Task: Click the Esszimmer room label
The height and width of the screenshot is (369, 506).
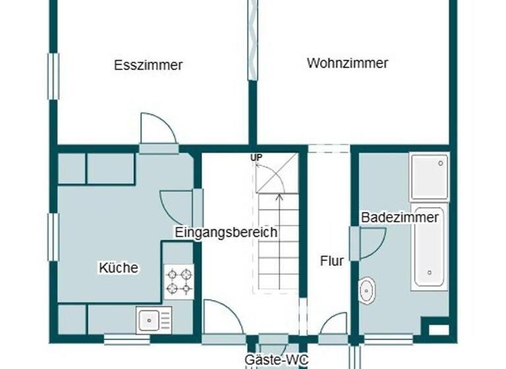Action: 148,65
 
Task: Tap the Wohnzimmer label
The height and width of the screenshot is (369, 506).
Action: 347,63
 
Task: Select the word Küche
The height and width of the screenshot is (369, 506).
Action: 119,268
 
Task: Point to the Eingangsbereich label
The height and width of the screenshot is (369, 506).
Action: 226,232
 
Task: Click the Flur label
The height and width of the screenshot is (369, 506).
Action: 332,261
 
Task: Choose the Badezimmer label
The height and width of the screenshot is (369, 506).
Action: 400,217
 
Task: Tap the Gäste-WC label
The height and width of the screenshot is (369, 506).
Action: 273,360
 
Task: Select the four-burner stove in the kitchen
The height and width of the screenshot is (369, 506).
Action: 179,281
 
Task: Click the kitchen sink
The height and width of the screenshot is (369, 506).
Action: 154,321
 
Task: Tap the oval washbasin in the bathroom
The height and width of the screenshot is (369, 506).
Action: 367,290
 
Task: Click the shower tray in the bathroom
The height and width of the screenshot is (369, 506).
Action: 430,176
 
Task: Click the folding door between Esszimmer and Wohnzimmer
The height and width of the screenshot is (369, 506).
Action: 252,40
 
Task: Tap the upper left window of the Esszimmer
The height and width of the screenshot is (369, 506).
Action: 53,76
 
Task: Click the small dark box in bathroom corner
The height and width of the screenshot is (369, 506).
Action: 434,327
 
